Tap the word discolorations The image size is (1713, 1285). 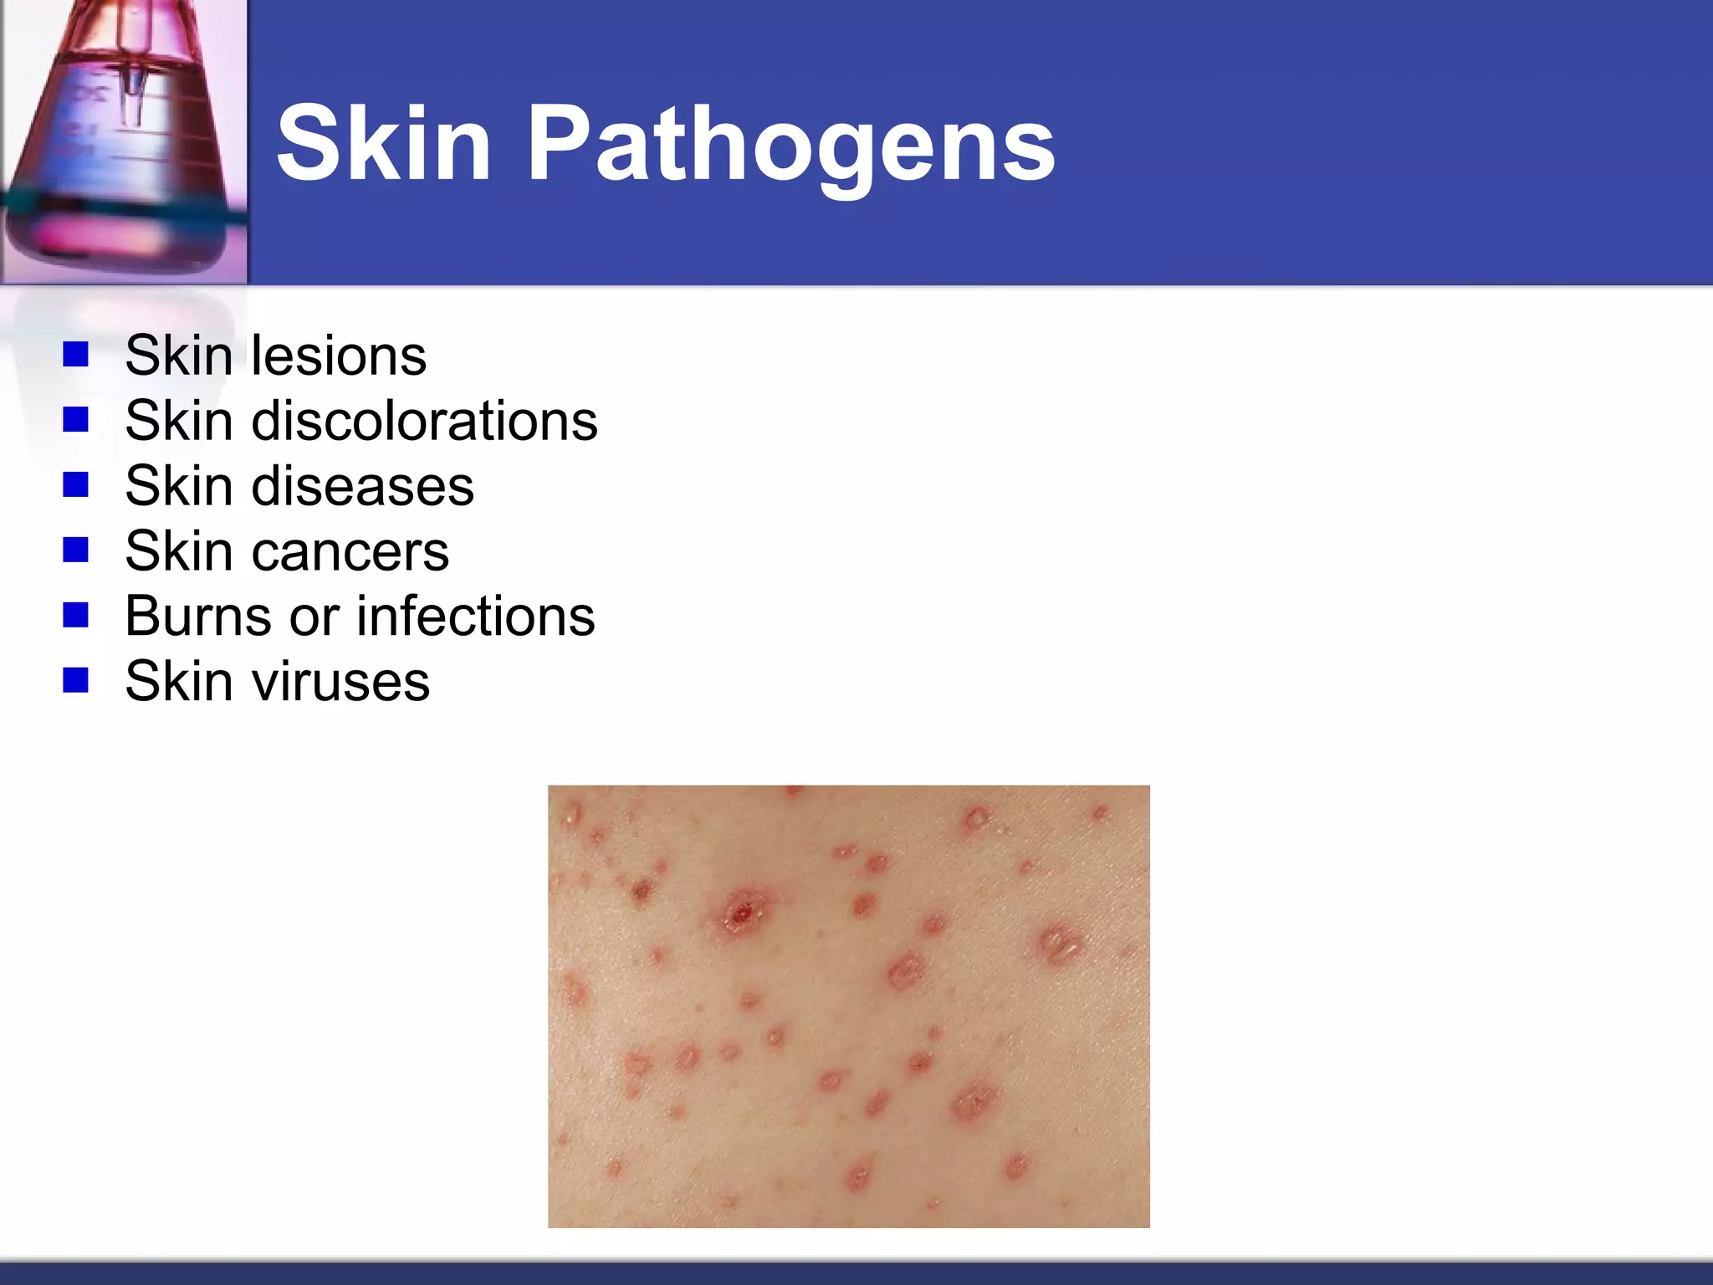click(x=425, y=420)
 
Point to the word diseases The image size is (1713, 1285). click(x=362, y=486)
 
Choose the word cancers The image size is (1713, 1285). click(x=350, y=551)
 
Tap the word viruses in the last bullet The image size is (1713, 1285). click(x=341, y=682)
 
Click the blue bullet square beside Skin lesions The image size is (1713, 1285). click(x=75, y=355)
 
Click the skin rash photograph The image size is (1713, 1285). click(x=848, y=1006)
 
